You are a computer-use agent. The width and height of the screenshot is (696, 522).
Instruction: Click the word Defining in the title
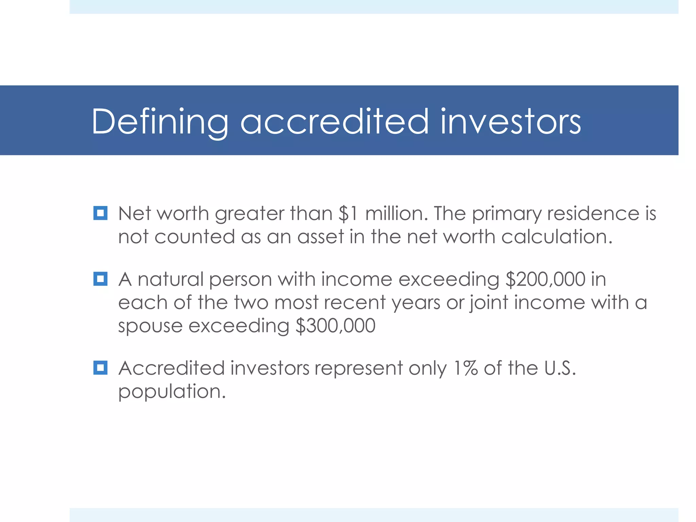pos(160,122)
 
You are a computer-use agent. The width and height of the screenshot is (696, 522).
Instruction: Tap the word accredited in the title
pos(334,122)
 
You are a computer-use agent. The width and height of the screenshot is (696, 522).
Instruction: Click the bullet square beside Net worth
pos(100,213)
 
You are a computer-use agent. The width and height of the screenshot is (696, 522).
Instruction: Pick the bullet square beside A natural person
pos(100,279)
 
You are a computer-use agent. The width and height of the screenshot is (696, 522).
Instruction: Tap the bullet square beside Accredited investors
pos(100,368)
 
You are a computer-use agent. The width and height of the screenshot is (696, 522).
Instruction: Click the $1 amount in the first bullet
pos(348,214)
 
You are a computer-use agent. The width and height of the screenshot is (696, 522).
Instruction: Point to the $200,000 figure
pos(545,279)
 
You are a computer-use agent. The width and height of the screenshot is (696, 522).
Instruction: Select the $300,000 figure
pos(335,326)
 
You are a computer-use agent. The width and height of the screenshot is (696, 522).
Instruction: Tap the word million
pos(396,214)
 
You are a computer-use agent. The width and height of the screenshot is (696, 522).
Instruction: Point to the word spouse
pos(150,326)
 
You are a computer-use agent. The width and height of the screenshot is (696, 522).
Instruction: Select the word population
pos(172,391)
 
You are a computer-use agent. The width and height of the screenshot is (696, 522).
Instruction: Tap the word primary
pos(506,214)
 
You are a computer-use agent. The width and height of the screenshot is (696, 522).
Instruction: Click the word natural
pos(171,279)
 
